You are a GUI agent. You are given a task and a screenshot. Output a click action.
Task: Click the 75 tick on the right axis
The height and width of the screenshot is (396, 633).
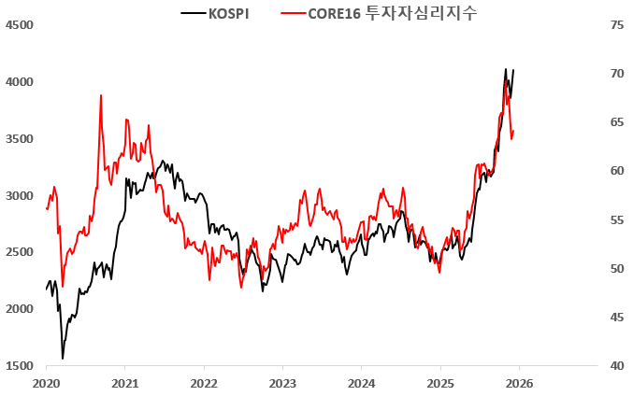pyautogui.click(x=617, y=25)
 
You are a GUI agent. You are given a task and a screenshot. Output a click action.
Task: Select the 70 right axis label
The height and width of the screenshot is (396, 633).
pyautogui.click(x=617, y=74)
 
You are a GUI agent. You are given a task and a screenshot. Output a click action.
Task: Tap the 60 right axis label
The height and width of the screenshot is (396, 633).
pyautogui.click(x=617, y=171)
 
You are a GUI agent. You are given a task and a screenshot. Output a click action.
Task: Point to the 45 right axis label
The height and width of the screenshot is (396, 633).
pyautogui.click(x=617, y=318)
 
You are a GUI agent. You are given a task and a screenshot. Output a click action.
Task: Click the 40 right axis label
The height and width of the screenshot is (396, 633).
pyautogui.click(x=617, y=366)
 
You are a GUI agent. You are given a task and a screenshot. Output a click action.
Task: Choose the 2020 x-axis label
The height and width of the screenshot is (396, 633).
pyautogui.click(x=46, y=383)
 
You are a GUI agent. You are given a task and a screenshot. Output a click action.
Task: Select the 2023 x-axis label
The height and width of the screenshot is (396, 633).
pyautogui.click(x=282, y=383)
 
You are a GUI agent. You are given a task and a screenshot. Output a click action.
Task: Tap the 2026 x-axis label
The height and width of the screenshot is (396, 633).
pyautogui.click(x=519, y=383)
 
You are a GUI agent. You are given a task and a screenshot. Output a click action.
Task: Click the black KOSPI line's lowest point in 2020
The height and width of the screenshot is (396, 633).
pyautogui.click(x=63, y=358)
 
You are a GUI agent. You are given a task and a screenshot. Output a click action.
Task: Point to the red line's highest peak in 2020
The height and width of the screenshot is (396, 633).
pyautogui.click(x=101, y=94)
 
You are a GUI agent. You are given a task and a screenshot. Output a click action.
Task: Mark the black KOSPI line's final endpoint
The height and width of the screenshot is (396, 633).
pyautogui.click(x=513, y=70)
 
